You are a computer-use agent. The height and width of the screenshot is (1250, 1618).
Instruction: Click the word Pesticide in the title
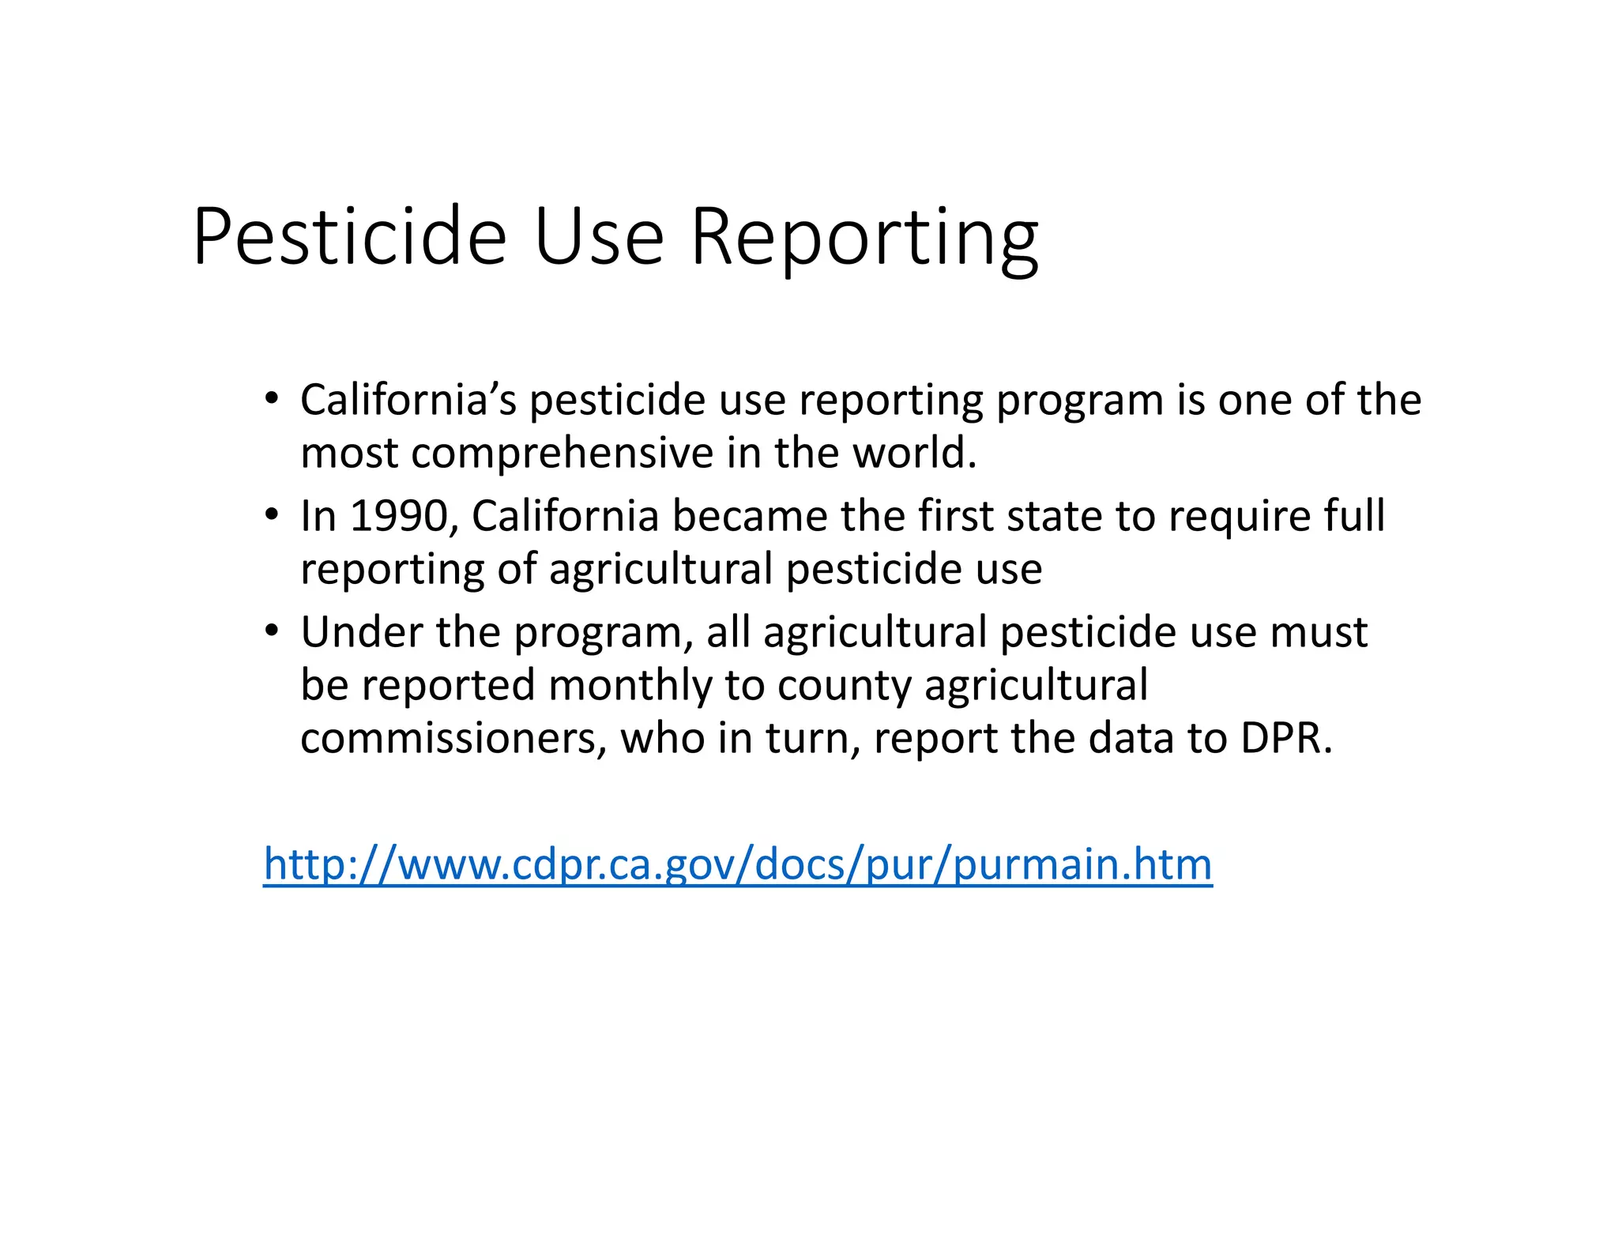pyautogui.click(x=348, y=237)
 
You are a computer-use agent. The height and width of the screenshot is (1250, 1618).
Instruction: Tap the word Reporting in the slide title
pyautogui.click(x=864, y=237)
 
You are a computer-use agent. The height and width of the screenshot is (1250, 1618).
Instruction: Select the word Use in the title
pyautogui.click(x=599, y=237)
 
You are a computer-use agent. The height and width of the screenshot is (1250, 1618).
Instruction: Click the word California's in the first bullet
pyautogui.click(x=408, y=400)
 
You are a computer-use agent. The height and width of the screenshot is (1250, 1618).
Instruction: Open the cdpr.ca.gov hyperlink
pyautogui.click(x=737, y=864)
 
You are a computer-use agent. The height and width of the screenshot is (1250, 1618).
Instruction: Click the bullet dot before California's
pyautogui.click(x=271, y=398)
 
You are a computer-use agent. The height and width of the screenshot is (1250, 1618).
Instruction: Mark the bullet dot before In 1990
pyautogui.click(x=271, y=515)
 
